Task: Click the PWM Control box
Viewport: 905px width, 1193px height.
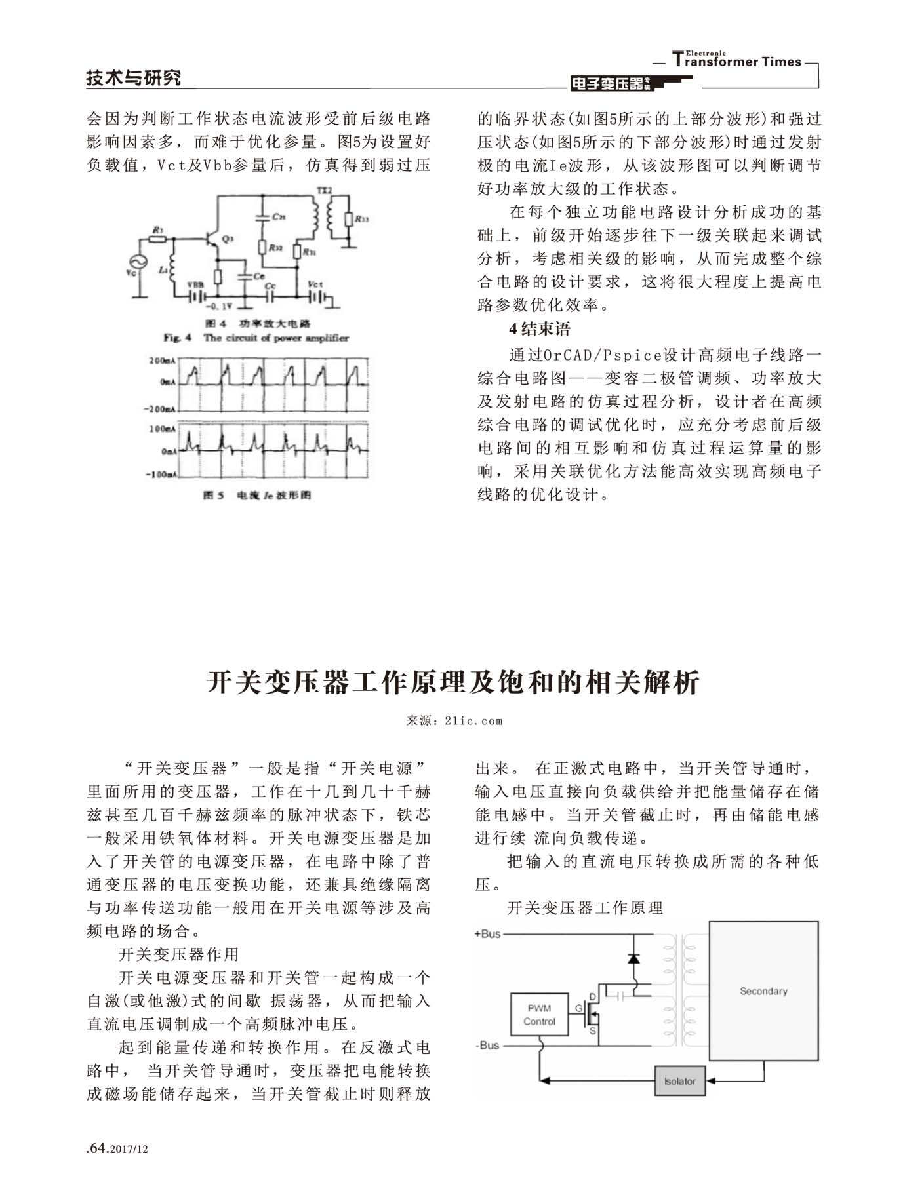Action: (539, 1015)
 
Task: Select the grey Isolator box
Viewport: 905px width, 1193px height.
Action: (679, 1081)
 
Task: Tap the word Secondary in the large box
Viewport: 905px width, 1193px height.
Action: (763, 991)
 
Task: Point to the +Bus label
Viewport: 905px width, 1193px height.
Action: (487, 934)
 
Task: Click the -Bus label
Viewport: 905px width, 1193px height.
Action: (487, 1046)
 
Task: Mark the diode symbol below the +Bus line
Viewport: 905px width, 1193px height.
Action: (633, 958)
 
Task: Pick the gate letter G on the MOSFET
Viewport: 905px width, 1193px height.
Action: (578, 1008)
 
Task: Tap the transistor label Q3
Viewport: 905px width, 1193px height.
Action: (227, 239)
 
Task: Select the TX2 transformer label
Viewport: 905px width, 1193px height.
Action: (325, 190)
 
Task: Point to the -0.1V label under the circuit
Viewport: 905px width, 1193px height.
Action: (218, 306)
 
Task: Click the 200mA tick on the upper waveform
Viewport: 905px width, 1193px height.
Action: (161, 361)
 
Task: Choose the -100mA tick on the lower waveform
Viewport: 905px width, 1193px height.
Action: (161, 474)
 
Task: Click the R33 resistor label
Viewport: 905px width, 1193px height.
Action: (362, 220)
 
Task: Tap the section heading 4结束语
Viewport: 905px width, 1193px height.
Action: (540, 329)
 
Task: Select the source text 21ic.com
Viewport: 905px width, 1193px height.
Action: (473, 721)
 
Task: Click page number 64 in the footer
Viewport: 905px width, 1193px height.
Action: (97, 1148)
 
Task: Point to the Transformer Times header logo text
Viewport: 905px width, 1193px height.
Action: (737, 61)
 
